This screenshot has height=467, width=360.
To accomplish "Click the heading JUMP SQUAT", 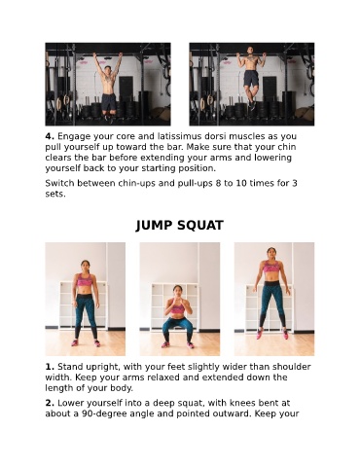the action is click(180, 226).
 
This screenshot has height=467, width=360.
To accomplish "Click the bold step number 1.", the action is click(50, 367).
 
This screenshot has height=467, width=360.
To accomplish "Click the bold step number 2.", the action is click(50, 403).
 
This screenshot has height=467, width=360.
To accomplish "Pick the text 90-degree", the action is click(104, 414).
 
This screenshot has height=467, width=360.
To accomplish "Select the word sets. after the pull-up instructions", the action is click(55, 195).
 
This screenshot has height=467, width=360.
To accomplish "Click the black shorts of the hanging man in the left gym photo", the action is click(109, 102).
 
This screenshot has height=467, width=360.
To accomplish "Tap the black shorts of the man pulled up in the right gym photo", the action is click(251, 79).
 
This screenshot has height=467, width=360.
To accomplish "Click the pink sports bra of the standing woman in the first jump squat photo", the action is click(85, 279).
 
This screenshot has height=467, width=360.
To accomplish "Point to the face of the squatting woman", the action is click(177, 290).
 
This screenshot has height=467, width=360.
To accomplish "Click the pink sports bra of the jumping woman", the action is click(271, 267).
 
